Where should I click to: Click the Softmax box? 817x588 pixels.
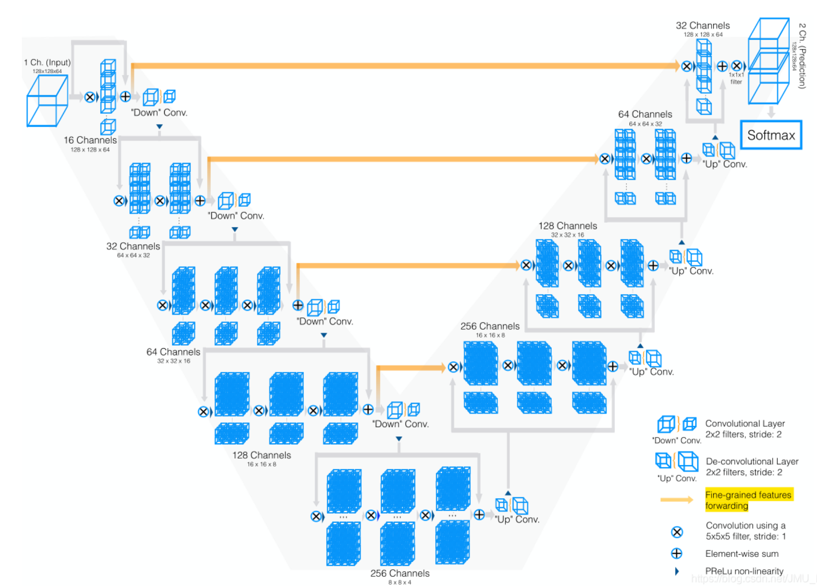click(771, 135)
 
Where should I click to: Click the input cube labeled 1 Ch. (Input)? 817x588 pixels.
click(47, 101)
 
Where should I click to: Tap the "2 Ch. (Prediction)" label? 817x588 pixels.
click(802, 56)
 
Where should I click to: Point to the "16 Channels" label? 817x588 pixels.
click(90, 140)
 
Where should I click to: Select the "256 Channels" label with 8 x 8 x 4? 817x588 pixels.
click(400, 573)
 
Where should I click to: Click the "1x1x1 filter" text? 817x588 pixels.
click(736, 78)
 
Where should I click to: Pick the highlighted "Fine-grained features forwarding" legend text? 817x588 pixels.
click(748, 500)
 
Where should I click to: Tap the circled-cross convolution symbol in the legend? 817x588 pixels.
click(677, 532)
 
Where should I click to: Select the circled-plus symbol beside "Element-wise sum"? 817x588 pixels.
click(676, 553)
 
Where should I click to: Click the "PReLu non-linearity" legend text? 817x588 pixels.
click(744, 571)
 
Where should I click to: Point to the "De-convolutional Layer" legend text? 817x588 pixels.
click(752, 461)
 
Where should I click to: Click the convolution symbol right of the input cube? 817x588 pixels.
click(90, 97)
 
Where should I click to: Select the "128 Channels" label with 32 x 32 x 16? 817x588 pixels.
click(567, 226)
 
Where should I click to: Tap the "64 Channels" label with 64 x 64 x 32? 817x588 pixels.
click(645, 114)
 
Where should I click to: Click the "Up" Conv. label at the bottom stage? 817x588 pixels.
click(517, 520)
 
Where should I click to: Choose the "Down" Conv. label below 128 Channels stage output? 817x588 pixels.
click(400, 424)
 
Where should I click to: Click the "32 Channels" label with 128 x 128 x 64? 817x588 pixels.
click(703, 26)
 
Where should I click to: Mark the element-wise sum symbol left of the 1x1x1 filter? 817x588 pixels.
click(722, 66)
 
